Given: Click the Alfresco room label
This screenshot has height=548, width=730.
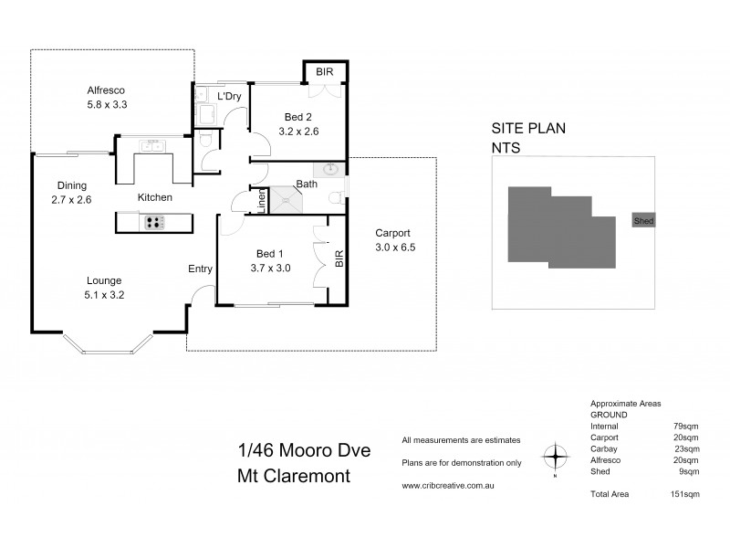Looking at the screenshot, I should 105,90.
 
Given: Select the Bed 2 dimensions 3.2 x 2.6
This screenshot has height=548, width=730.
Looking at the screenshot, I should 298,132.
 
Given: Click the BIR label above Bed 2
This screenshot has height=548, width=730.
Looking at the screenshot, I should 325,71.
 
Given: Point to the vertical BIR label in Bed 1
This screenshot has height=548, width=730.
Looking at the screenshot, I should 339,259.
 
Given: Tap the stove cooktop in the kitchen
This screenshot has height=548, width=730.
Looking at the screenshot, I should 153,221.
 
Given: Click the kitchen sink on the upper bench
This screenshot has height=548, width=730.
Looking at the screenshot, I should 151,145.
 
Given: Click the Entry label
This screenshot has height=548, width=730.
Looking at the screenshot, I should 200,269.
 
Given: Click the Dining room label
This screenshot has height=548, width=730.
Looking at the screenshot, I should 72,184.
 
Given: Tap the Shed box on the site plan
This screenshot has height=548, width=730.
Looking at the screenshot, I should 642,221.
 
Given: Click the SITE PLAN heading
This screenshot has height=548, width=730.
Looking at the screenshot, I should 528,129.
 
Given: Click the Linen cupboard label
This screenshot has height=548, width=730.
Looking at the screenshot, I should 261,201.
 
